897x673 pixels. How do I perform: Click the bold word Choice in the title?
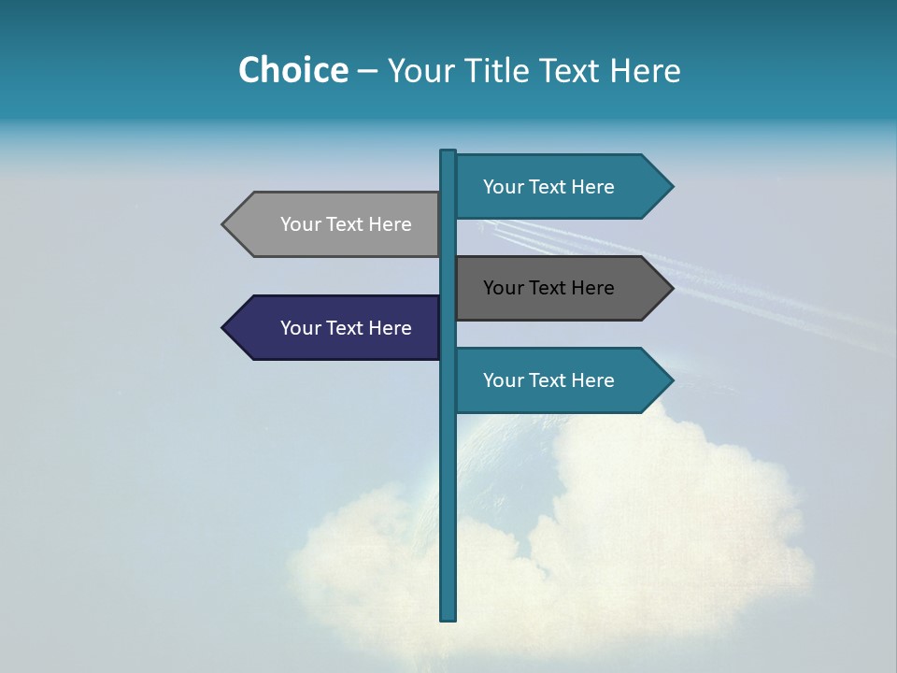tap(292, 70)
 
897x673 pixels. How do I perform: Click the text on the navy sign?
tap(346, 328)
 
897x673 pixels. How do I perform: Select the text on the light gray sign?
tap(346, 224)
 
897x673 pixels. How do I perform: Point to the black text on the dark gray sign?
tap(548, 288)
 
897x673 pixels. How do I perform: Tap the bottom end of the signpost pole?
tap(448, 617)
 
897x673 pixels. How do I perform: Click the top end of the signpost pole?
tap(448, 153)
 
